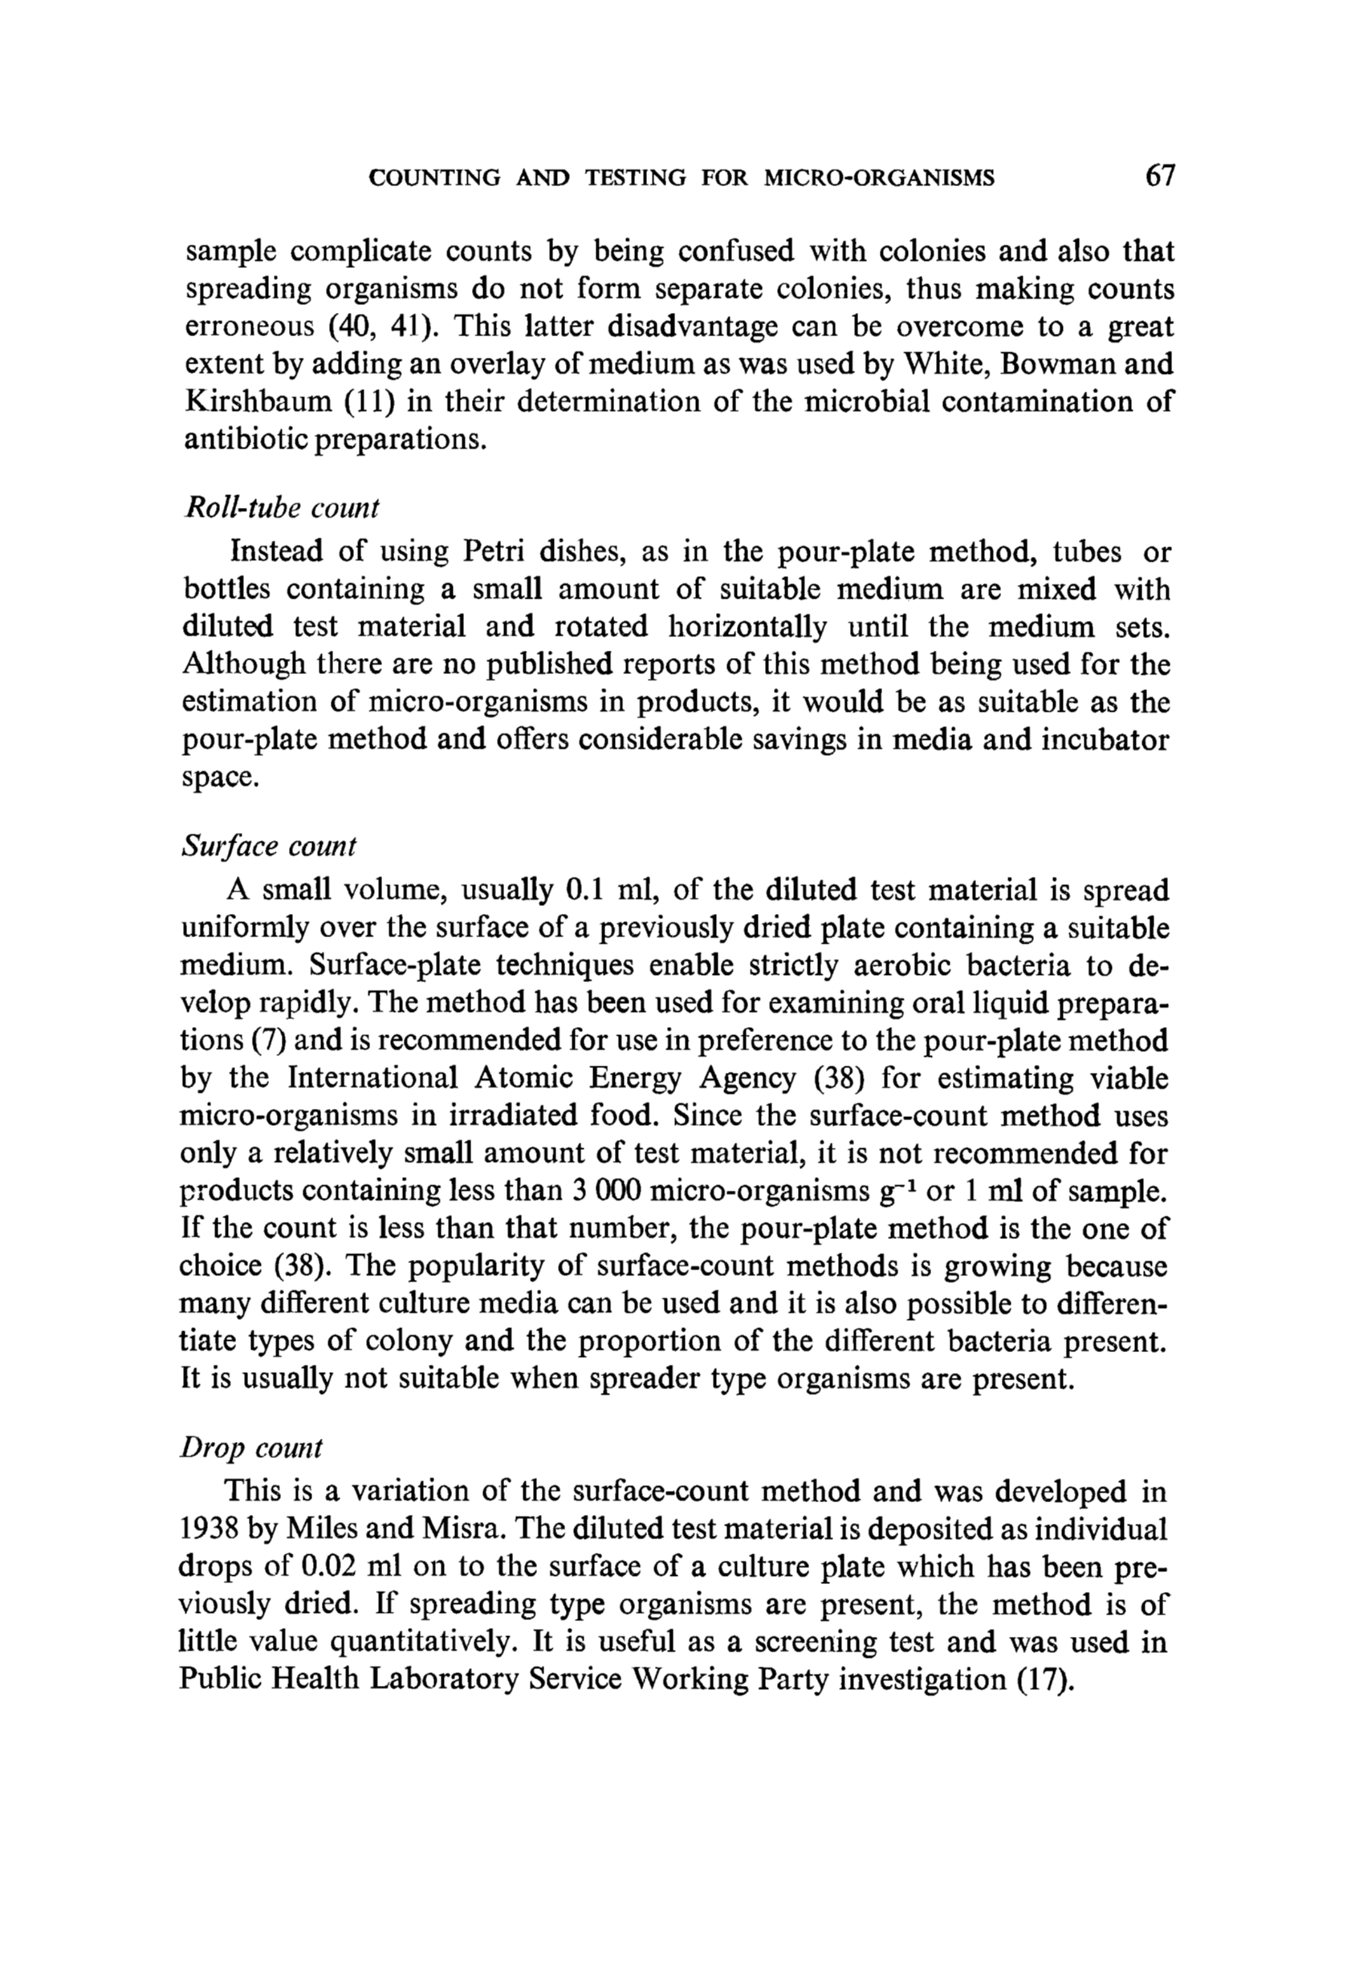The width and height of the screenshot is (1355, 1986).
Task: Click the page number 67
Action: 1161,176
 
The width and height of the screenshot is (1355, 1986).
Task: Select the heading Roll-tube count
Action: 281,508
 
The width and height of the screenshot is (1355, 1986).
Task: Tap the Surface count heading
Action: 268,846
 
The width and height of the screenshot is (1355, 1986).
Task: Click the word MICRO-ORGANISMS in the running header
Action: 880,178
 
